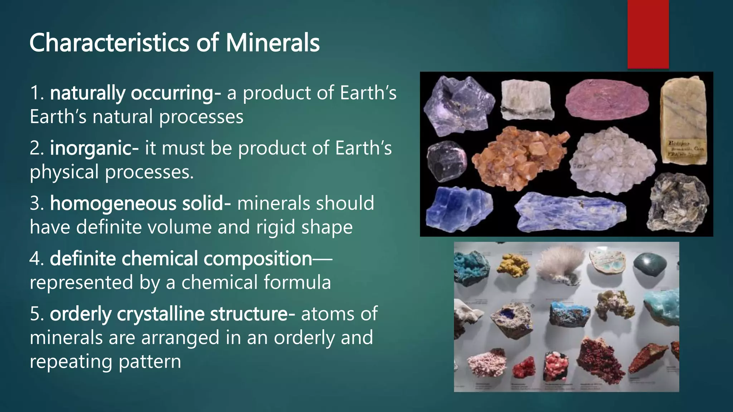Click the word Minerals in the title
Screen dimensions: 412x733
click(272, 43)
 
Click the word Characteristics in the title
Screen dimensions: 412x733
click(109, 43)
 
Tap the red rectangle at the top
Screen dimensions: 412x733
click(648, 34)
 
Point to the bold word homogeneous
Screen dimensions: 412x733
click(113, 203)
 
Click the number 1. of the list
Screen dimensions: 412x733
click(37, 93)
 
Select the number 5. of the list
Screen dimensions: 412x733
click(37, 314)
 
